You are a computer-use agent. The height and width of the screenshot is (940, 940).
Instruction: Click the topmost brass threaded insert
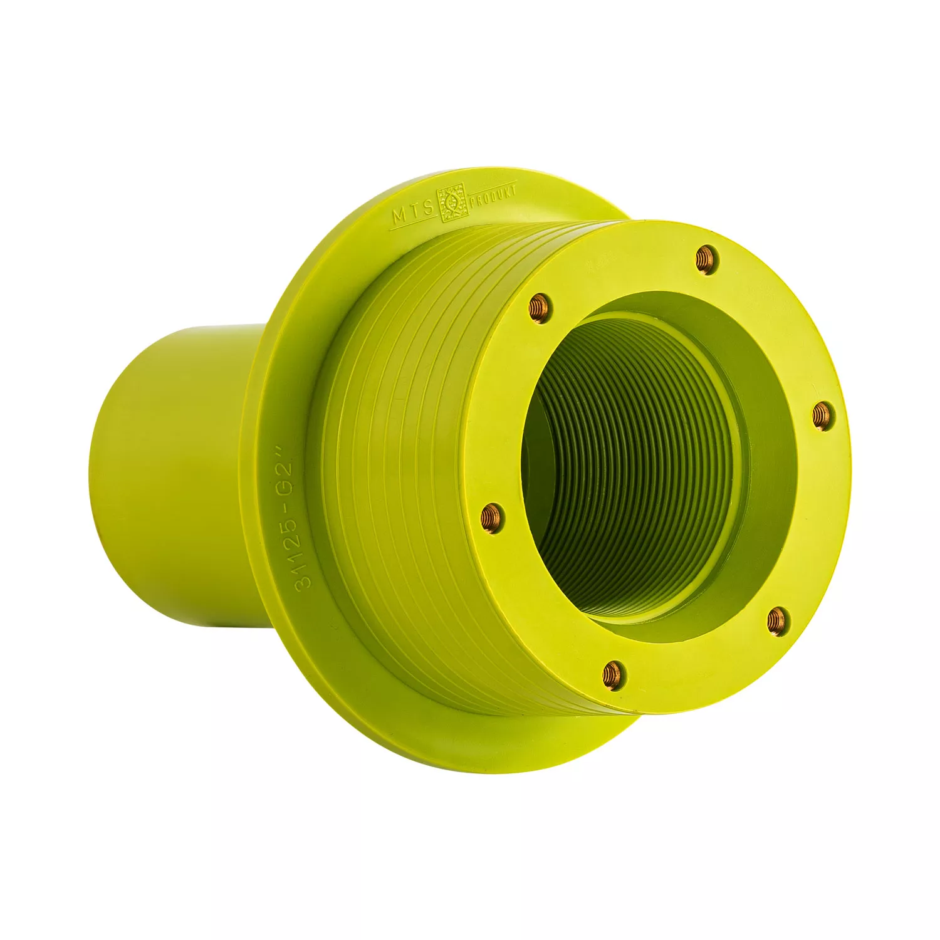point(708,259)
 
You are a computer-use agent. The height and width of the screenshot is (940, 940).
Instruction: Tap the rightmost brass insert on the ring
point(823,415)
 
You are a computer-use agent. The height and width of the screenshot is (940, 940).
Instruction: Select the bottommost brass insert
point(612,674)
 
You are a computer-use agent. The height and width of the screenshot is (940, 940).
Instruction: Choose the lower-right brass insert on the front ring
point(777,620)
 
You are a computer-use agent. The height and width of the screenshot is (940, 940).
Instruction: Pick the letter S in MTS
point(427,208)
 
